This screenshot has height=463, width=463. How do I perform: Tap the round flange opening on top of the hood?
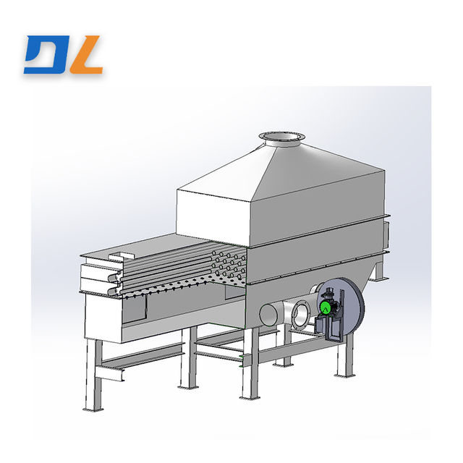(x=281, y=135)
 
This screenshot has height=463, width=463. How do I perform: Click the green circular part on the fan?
(x=326, y=307)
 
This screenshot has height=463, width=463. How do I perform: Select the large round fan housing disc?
(x=346, y=304)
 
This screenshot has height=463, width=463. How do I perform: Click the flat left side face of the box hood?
(x=213, y=213)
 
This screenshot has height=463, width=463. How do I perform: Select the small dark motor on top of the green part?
(x=329, y=294)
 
